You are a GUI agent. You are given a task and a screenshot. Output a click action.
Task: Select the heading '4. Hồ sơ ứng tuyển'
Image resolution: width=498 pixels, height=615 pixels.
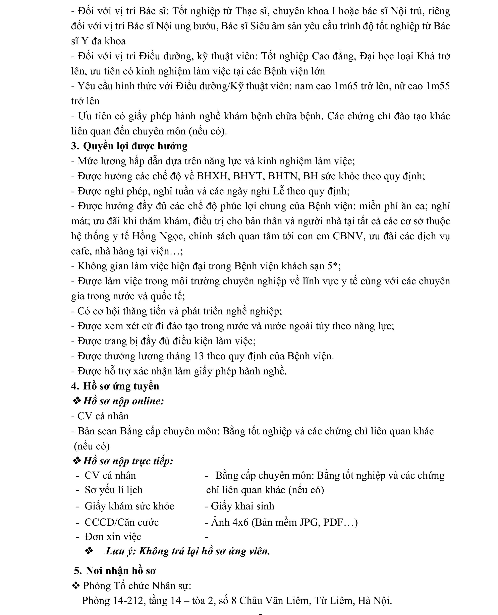tap(115, 386)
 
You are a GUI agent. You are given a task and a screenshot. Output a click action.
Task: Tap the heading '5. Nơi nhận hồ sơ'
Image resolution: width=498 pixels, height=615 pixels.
tap(115, 571)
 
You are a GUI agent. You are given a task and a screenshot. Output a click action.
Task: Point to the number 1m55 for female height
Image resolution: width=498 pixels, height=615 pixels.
tap(438, 86)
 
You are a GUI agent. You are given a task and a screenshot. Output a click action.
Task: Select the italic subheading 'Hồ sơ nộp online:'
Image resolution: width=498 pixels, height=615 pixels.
tap(123, 401)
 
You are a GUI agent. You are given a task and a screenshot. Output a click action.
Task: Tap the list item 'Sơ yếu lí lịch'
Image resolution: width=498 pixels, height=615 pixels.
tap(114, 490)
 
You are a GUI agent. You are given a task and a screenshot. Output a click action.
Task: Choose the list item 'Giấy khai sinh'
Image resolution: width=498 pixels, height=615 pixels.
tap(242, 506)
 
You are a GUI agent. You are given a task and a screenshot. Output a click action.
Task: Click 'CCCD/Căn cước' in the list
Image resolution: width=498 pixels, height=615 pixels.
tap(122, 522)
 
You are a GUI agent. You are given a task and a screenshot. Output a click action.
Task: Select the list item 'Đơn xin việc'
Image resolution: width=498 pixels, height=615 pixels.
tap(113, 537)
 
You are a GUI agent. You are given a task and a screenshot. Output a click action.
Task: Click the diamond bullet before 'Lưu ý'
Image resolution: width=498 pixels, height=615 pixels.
tap(89, 551)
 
